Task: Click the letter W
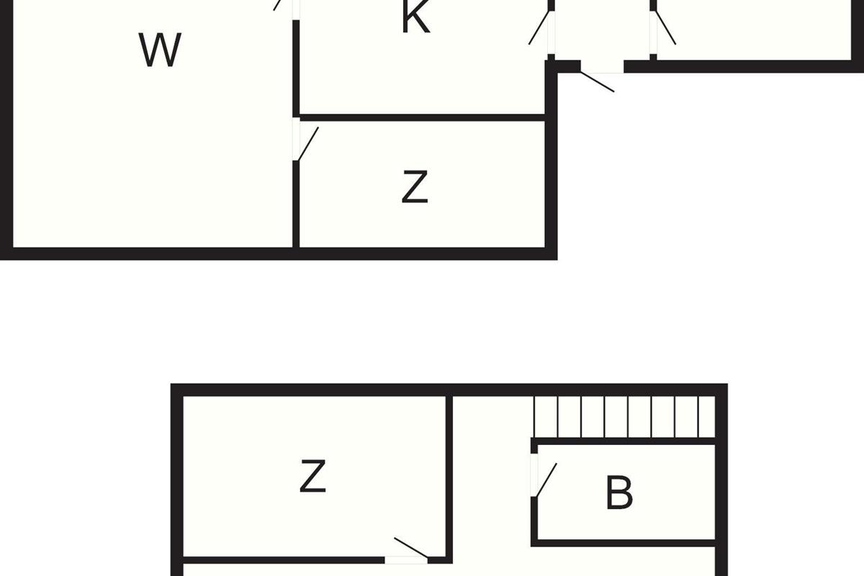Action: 160,50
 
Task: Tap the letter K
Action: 415,17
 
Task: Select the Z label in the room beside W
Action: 415,186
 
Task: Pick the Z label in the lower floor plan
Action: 312,476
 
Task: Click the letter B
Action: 619,492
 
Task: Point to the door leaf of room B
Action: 546,480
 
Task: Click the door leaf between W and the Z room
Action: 308,144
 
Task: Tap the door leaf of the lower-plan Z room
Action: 411,547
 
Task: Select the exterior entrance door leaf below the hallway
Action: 597,82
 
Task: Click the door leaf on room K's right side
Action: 539,28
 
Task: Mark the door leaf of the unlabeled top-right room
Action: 665,28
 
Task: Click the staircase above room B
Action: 624,417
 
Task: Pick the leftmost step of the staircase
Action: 546,417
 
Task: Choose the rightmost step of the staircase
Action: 707,417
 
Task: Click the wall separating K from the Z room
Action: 423,117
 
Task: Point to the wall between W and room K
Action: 296,68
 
